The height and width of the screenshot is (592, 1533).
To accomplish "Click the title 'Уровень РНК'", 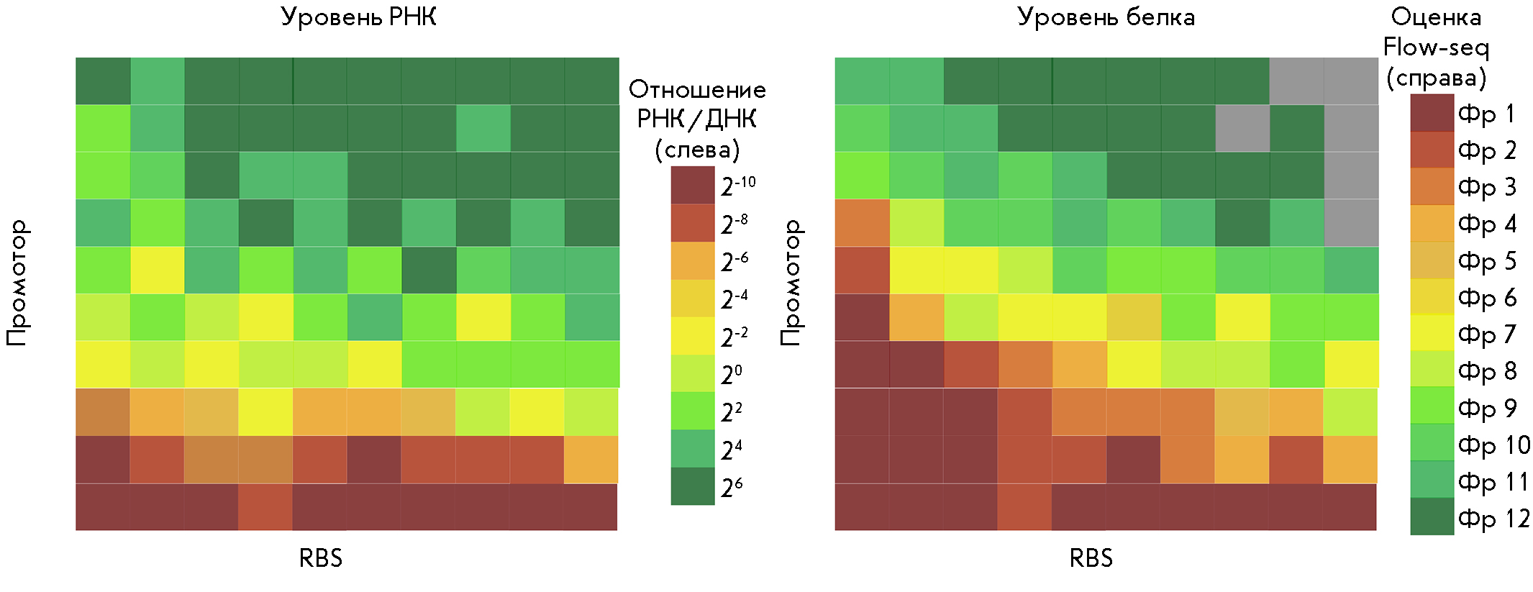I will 358,17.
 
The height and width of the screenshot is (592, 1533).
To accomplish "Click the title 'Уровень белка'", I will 1106,17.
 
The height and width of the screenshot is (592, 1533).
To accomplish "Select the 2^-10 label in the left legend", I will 738,186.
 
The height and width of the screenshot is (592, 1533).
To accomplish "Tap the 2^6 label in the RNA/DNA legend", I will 732,488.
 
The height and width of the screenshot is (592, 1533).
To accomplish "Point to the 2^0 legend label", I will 732,375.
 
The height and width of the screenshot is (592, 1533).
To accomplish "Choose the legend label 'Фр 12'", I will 1493,518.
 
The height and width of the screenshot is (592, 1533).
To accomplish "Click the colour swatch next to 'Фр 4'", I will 1432,224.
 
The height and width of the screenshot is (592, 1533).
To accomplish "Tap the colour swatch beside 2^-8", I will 692,224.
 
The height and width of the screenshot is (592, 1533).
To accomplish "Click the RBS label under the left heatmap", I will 321,558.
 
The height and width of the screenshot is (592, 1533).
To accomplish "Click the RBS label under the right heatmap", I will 1091,558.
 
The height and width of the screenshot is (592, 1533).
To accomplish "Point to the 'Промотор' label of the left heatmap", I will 17,283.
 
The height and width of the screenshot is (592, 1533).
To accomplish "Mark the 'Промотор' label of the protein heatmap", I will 791,283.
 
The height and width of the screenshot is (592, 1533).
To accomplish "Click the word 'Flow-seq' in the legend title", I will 1436,47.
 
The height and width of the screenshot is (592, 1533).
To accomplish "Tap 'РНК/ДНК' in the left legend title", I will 696,119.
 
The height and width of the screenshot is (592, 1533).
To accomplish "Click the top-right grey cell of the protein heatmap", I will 1351,81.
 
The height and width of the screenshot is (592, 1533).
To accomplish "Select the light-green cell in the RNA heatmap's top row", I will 158,81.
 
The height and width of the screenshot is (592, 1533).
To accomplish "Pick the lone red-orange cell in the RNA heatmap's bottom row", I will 265,507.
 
